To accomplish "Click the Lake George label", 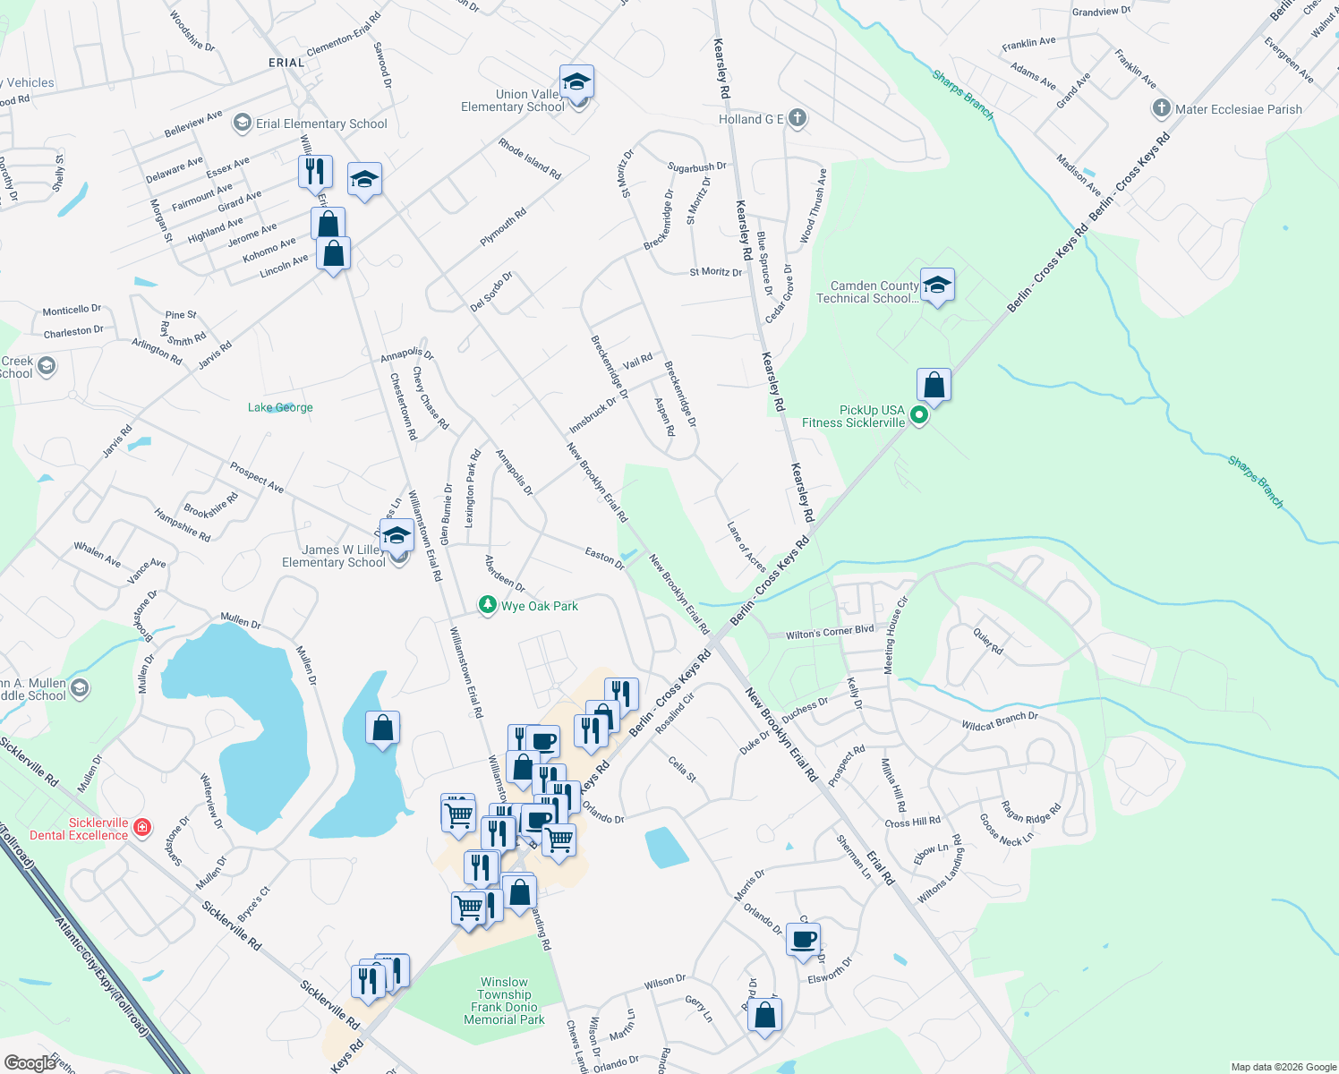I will tap(280, 407).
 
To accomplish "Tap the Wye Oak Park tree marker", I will tap(488, 606).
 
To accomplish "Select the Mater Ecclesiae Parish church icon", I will tap(1161, 109).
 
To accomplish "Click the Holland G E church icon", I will tap(797, 118).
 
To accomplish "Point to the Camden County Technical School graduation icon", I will tap(936, 286).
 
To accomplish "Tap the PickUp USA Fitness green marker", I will tap(918, 415).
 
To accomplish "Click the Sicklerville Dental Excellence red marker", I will tap(141, 828).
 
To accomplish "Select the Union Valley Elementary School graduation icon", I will tap(577, 82).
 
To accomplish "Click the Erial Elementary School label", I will tap(321, 124).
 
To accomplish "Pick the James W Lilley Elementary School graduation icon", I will tap(397, 536).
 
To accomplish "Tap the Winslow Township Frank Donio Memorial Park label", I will tap(504, 1001).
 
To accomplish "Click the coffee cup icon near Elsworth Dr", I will tap(803, 940).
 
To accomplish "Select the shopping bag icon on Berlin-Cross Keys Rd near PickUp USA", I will tap(934, 385).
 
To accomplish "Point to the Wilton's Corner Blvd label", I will tap(830, 632).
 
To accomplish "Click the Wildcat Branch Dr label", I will tap(1000, 720).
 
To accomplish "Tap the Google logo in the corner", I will tap(30, 1062).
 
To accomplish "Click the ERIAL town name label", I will tap(286, 63).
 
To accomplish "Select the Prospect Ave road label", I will tap(257, 477).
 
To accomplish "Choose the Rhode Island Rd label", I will tap(530, 158).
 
